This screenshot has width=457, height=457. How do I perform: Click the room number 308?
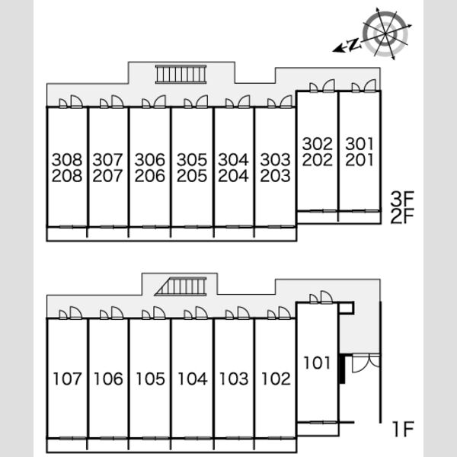coord(67,159)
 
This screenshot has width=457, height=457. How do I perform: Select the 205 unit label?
coord(192,175)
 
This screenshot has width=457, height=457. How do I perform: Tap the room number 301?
coord(360,144)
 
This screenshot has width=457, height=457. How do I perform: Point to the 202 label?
coord(318,160)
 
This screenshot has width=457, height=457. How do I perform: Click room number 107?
coord(67,379)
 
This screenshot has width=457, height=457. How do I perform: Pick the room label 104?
coord(193,379)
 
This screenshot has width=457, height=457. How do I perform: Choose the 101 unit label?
coord(317,363)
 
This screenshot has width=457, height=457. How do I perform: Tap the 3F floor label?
coord(402,199)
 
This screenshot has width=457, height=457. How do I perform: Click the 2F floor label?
coord(402,216)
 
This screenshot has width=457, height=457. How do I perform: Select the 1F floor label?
coord(404,429)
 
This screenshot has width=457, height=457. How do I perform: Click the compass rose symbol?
coord(385,34)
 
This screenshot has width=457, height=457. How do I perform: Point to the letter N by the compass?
coord(354,44)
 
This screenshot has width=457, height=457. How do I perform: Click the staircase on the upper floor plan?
coord(181,75)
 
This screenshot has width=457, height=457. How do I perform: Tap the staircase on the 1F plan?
coord(181,286)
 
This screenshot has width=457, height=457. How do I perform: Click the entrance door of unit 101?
coord(321,298)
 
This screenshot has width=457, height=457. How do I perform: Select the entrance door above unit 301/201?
coord(364,85)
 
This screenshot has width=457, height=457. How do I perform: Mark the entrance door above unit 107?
coord(71,313)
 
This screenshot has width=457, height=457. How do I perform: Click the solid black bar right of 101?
coord(342,369)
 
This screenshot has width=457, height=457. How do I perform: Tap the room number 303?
coord(275,159)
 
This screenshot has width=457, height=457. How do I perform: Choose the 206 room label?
coord(150,175)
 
